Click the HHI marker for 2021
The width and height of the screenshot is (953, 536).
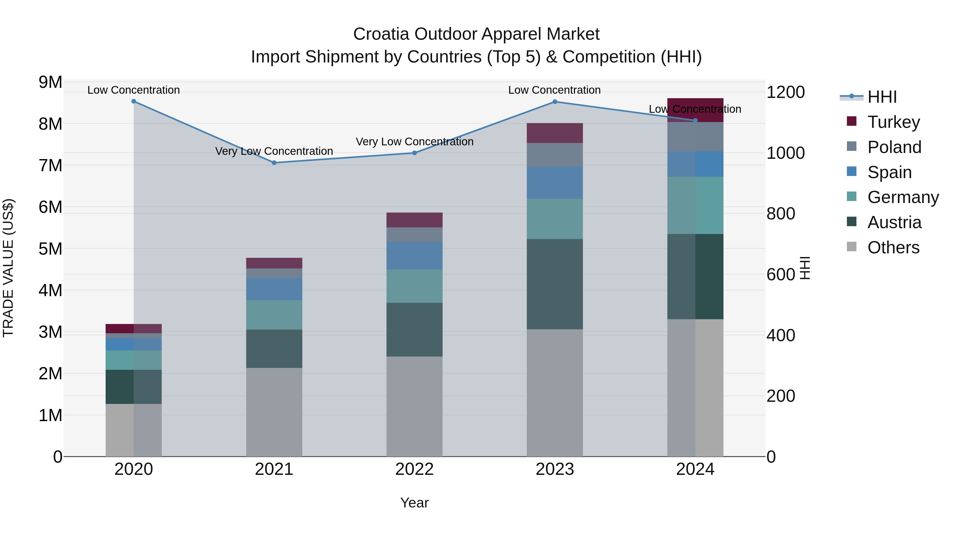[274, 163]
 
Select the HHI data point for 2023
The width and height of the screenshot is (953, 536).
[555, 102]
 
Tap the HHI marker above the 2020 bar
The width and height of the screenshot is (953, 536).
[134, 101]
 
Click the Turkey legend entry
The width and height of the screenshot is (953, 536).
[893, 122]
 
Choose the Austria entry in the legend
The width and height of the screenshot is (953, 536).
[894, 222]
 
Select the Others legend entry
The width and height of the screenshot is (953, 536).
[893, 247]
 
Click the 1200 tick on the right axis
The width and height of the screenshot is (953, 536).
[785, 92]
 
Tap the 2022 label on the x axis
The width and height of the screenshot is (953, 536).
[414, 469]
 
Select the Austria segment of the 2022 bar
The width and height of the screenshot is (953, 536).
[414, 329]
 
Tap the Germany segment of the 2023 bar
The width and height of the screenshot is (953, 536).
[555, 219]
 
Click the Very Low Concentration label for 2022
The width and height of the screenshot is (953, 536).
[414, 142]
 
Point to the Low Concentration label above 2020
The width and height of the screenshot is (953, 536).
[134, 90]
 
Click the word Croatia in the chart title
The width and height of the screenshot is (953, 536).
[381, 34]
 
